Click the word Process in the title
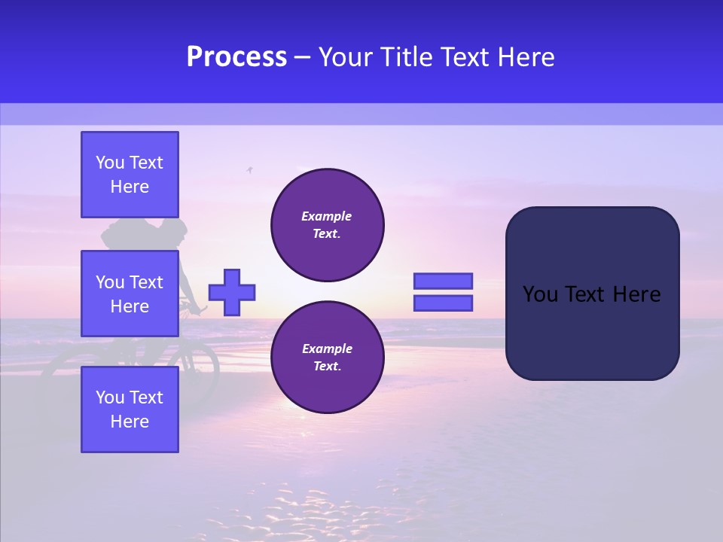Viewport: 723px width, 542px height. point(236,57)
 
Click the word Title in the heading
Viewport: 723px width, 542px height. point(406,57)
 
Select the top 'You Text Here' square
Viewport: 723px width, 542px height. point(130,175)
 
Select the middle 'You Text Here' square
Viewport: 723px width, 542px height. point(130,294)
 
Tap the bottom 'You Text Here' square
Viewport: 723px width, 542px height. point(130,410)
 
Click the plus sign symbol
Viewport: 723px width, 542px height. point(232,292)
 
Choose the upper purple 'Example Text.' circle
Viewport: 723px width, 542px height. point(327,225)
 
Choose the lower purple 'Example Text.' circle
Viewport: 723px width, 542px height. point(327,358)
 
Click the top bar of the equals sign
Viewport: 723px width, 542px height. point(443,282)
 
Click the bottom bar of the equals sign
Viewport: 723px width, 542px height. point(443,303)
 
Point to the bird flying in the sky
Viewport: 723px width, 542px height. point(249,170)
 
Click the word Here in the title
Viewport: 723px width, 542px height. point(526,57)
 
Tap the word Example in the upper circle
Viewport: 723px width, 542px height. point(327,216)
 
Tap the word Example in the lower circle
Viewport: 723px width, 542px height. point(327,349)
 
